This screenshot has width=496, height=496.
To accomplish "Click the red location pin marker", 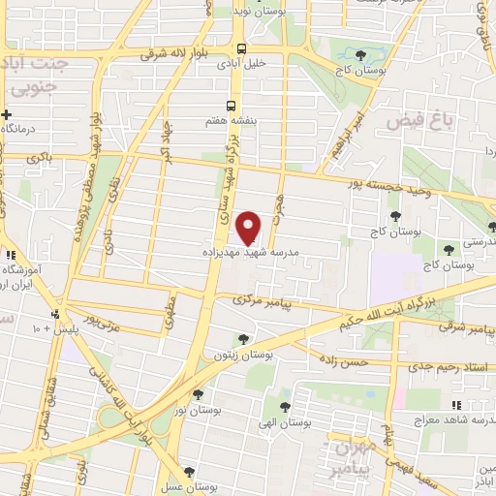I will (250, 227).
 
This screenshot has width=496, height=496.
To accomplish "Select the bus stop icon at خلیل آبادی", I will (241, 49).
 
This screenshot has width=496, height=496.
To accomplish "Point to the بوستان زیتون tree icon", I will (244, 339).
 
